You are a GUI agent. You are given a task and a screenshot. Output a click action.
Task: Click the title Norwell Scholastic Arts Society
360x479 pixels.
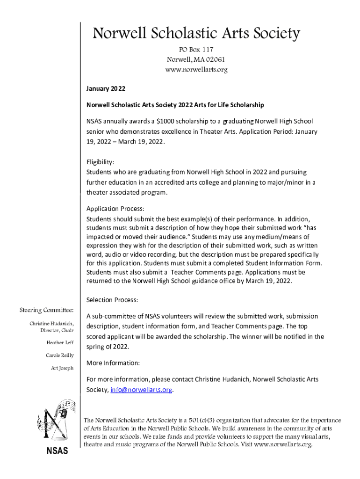[196, 34]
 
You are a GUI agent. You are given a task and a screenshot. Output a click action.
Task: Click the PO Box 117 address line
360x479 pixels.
[196, 50]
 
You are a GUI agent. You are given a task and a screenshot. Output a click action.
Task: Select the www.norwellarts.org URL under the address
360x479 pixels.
[196, 70]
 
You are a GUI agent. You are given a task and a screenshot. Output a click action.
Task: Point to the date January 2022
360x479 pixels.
[106, 88]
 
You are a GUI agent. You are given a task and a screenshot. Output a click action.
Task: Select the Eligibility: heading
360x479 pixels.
[100, 162]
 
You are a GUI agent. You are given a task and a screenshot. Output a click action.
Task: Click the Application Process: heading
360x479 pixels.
[115, 209]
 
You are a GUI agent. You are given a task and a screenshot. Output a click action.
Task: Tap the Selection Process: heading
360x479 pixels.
[112, 300]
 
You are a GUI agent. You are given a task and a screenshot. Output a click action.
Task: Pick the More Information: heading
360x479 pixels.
[113, 363]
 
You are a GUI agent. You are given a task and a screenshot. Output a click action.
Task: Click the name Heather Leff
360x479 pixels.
[60, 343]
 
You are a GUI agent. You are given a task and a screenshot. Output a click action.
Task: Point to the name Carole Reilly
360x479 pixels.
[59, 356]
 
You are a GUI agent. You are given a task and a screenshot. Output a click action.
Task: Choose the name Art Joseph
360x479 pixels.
[62, 368]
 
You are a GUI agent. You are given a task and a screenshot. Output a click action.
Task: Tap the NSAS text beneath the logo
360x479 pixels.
[57, 451]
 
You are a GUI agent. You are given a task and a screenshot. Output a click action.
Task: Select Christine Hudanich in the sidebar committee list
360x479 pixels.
[51, 324]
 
